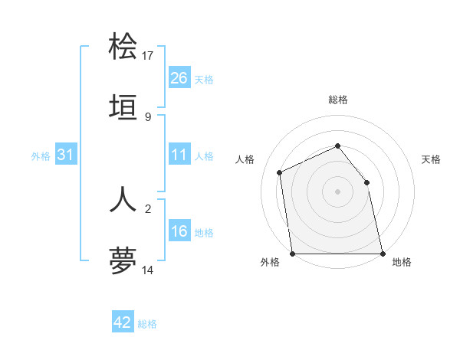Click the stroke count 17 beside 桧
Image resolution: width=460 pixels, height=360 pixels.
[148, 55]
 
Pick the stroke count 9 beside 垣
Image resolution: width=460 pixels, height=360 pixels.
[148, 116]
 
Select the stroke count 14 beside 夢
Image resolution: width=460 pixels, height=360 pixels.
[148, 270]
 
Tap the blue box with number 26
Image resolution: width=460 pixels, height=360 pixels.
[179, 77]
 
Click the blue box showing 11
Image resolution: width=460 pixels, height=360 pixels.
[179, 155]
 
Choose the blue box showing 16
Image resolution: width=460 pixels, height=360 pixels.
[179, 231]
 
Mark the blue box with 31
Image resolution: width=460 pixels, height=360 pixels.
[66, 155]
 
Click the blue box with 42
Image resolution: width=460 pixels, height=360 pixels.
[123, 322]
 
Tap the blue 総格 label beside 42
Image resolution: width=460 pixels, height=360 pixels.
[147, 324]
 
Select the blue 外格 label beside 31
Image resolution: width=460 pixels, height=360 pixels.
[41, 156]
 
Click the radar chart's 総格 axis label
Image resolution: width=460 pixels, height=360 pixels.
[337, 100]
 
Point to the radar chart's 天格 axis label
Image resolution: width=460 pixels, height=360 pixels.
[432, 159]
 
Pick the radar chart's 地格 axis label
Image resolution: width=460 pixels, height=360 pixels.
[402, 262]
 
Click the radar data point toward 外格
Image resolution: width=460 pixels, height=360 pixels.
[293, 254]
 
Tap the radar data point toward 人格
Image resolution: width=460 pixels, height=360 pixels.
[280, 172]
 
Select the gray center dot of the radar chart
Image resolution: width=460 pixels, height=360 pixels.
[337, 191]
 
